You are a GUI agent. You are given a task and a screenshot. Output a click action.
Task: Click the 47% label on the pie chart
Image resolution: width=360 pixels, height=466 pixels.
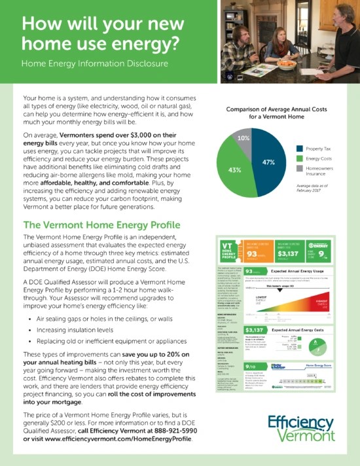point(268,162)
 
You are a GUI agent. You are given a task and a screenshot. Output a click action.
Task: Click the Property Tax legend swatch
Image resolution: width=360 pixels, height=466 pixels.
point(300,149)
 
